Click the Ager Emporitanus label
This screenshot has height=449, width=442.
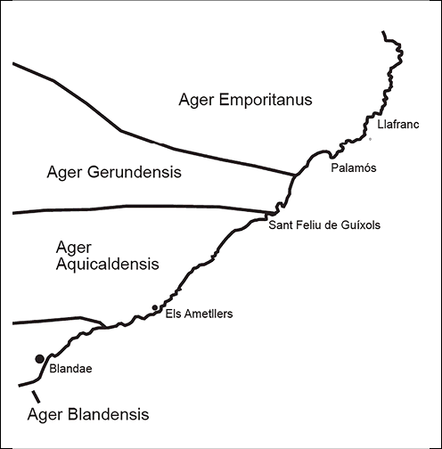tap(245, 100)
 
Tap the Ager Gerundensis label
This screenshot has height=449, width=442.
tap(114, 172)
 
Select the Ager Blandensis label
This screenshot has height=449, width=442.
tap(88, 414)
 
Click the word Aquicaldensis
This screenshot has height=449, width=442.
tap(108, 264)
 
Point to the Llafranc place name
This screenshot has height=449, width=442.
tap(398, 124)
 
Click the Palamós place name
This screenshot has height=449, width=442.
tap(354, 167)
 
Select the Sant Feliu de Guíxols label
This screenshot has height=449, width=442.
tap(324, 224)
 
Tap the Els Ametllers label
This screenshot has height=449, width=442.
tap(199, 314)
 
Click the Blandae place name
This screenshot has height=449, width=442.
tap(70, 369)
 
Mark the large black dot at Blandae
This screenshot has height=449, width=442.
tap(40, 359)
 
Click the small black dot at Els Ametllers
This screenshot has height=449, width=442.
tap(155, 307)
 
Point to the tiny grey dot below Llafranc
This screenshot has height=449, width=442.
tap(370, 139)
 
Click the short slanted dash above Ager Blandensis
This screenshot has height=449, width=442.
tap(36, 396)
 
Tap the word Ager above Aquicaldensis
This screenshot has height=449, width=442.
tap(74, 249)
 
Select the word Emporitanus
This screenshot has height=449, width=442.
tap(266, 100)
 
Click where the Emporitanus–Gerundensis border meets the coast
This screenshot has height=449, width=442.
tap(295, 176)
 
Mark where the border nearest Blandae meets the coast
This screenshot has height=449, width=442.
tap(104, 328)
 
